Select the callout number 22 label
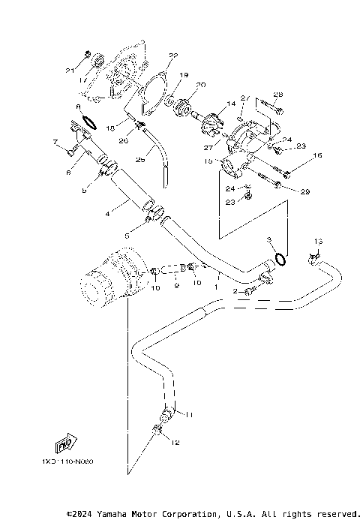tap(173, 56)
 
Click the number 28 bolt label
tap(277, 95)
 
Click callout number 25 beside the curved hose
tap(139, 160)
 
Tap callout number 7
tap(55, 141)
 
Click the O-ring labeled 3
tap(279, 259)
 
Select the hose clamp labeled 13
tap(314, 260)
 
